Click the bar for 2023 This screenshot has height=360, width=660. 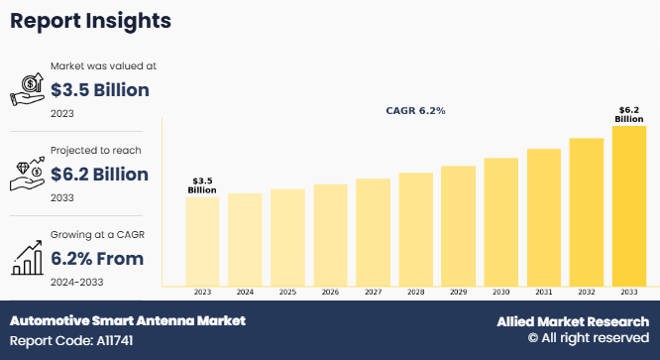point(202,242)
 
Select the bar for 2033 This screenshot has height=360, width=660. point(629,206)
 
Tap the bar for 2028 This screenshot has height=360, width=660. point(416,229)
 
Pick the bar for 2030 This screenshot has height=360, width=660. point(500,222)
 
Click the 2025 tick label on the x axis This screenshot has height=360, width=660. point(287,292)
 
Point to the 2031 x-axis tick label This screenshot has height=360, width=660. point(544,292)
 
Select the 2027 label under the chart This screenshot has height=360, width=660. point(373,292)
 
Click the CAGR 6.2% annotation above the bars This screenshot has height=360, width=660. point(415,111)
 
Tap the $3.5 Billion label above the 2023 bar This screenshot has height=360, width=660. point(202,185)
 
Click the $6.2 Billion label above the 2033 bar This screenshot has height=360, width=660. point(629,114)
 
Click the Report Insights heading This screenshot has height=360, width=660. point(90,21)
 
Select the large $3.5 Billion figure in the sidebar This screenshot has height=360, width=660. point(100,90)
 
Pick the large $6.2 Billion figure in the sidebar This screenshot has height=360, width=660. point(99,175)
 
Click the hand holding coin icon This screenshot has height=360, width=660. point(28,89)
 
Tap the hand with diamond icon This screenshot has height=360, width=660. point(28,174)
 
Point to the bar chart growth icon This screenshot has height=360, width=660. point(28,258)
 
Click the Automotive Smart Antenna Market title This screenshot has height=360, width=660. point(128,321)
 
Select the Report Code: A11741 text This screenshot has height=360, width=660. point(71,340)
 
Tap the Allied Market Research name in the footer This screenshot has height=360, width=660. point(573,321)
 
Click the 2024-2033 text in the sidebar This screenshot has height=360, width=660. point(76,282)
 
